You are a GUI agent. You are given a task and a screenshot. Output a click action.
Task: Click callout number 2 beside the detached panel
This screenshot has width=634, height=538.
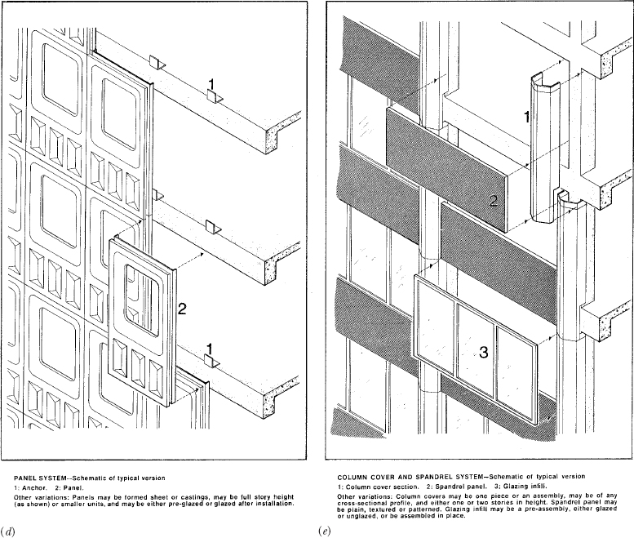click(x=183, y=309)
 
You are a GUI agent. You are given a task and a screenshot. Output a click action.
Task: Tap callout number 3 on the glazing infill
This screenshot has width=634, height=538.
click(x=483, y=353)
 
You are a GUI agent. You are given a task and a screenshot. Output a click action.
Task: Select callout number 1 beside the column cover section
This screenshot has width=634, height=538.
click(x=526, y=117)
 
